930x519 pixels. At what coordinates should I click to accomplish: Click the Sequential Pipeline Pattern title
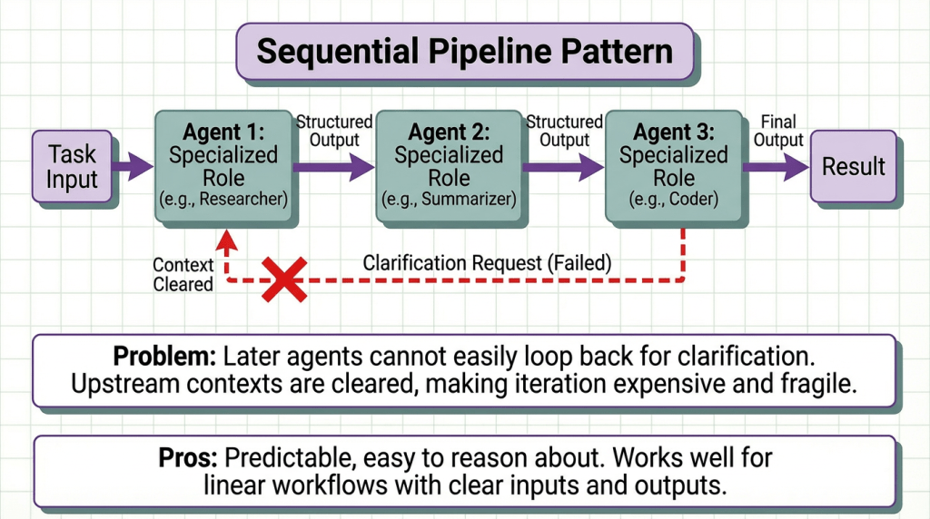(464, 51)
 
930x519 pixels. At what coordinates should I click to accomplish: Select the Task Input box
(72, 167)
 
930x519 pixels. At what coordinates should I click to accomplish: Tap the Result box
(853, 167)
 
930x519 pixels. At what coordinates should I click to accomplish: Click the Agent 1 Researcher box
(223, 166)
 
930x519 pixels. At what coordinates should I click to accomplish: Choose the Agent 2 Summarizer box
(449, 166)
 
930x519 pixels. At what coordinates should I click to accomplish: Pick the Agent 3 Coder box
(674, 166)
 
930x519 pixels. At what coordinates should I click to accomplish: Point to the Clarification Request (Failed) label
(487, 263)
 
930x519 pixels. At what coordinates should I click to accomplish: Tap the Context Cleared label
(183, 274)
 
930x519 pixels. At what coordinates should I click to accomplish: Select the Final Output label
(778, 131)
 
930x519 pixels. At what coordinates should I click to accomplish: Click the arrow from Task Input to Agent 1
(133, 166)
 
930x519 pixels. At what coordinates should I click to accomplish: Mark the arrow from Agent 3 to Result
(777, 166)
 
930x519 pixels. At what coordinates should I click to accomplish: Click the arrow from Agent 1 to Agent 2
(333, 166)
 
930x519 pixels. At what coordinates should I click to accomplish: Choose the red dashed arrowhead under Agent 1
(224, 240)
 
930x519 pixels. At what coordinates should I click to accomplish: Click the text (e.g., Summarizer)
(449, 198)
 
